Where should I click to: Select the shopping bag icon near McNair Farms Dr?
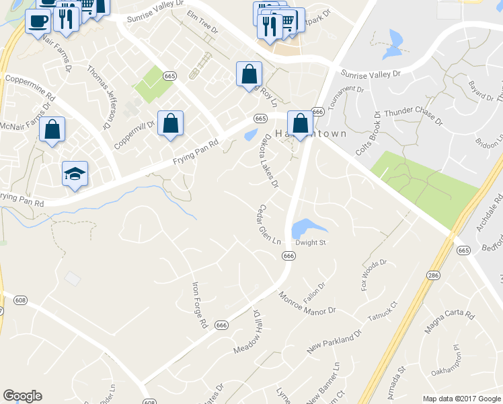pyautogui.click(x=52, y=128)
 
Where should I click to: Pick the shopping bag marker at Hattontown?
pyautogui.click(x=300, y=123)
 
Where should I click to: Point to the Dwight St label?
pyautogui.click(x=311, y=242)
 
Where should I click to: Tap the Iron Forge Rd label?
pyautogui.click(x=200, y=305)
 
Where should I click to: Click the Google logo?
pyautogui.click(x=22, y=396)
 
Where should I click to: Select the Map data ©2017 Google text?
pyautogui.click(x=461, y=398)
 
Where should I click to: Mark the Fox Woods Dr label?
pyautogui.click(x=374, y=273)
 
